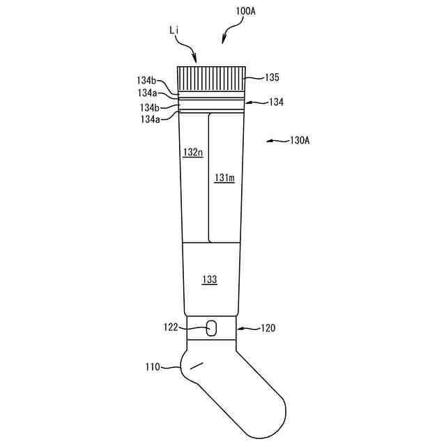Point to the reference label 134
coord(277,102)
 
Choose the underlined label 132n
coord(192,152)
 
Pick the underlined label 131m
coord(224,178)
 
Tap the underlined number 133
coord(209,279)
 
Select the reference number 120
coord(268,327)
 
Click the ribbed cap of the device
coord(213,78)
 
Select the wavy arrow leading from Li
coord(187,49)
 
